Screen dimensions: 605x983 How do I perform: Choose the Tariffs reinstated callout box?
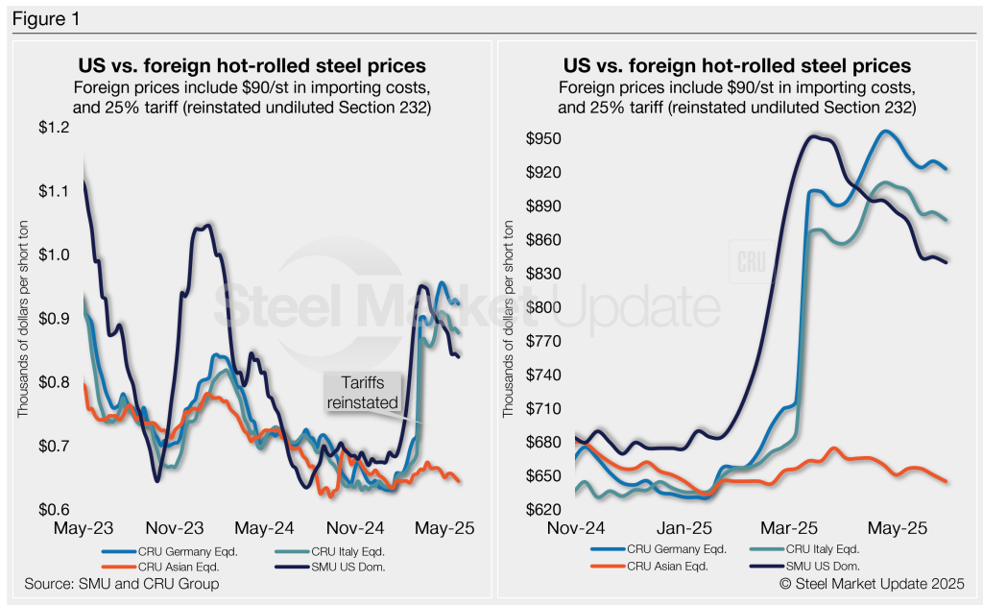pos(363,393)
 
